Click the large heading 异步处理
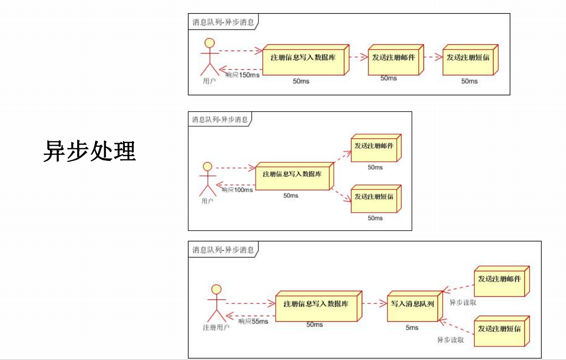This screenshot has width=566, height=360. [x=90, y=151]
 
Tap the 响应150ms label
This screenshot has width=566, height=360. [x=242, y=75]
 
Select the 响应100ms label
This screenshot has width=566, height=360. [x=237, y=190]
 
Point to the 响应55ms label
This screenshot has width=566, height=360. [x=253, y=321]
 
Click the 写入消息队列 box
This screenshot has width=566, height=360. [x=412, y=304]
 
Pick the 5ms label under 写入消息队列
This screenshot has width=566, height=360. [x=412, y=328]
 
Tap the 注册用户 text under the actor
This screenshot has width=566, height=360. [x=216, y=327]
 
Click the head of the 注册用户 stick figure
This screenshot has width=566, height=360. [x=216, y=288]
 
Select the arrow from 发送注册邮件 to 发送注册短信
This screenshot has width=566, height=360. [x=433, y=58]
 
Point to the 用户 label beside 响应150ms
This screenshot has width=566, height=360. [x=209, y=81]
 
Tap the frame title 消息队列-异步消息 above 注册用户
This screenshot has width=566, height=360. [x=223, y=250]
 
